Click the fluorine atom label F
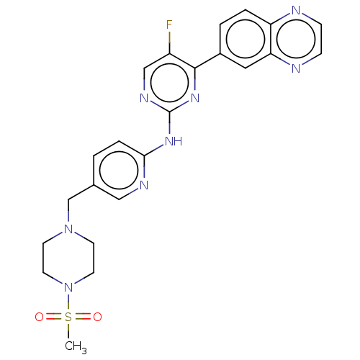169,24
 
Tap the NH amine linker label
174,141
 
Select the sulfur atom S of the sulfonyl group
68,317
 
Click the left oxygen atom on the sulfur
39,317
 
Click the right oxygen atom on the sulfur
97,317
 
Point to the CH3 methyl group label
76,347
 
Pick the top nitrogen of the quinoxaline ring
296,10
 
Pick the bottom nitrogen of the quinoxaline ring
296,68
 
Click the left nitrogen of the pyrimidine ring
144,98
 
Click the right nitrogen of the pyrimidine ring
195,98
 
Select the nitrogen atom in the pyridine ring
144,185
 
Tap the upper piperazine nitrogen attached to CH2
68,229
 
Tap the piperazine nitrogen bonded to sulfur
68,287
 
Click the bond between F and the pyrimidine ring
169,42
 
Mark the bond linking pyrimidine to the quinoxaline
207,60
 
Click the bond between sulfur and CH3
68,332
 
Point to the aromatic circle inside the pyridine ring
119,170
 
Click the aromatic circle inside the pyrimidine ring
169,83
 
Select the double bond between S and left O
54,317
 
